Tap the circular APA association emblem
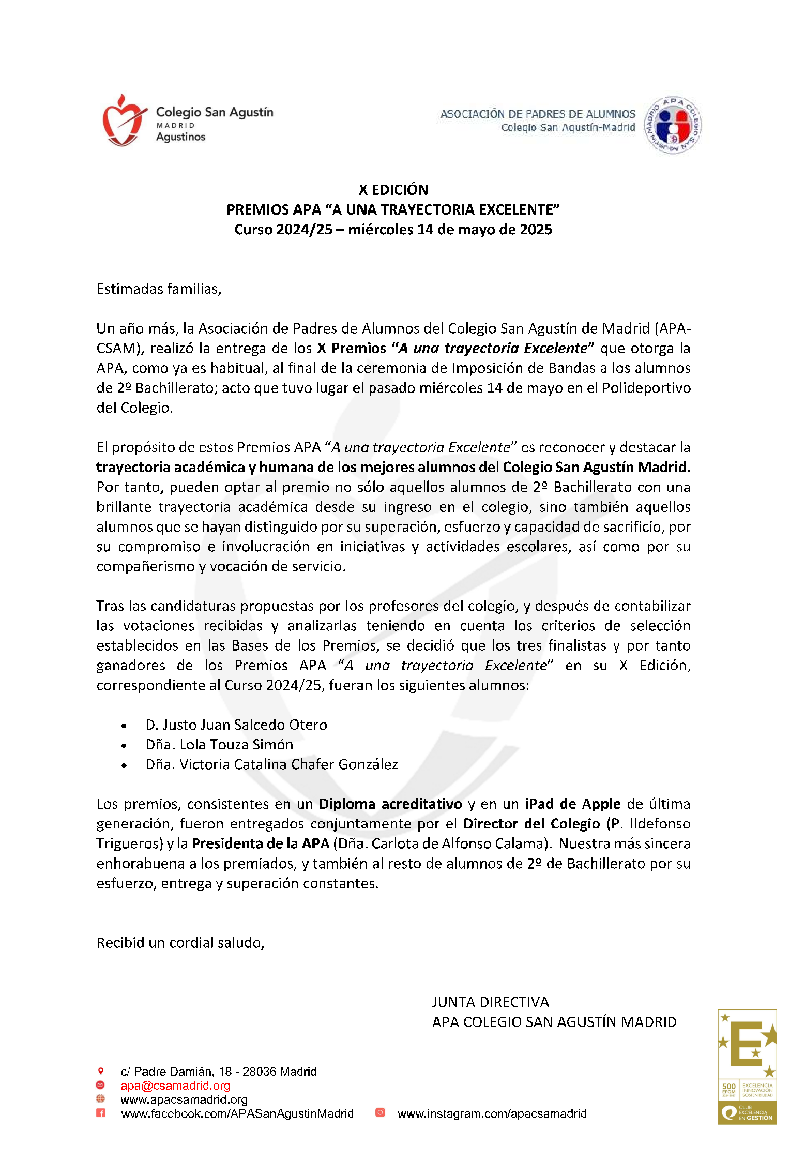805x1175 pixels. click(673, 125)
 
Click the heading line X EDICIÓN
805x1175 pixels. click(393, 190)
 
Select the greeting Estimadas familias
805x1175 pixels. click(159, 289)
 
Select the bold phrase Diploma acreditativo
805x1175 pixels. click(390, 804)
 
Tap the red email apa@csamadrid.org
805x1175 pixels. click(175, 1086)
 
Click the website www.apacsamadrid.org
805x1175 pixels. click(184, 1099)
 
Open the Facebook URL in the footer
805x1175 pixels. click(237, 1113)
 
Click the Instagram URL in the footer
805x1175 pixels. click(492, 1113)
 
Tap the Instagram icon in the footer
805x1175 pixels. click(380, 1112)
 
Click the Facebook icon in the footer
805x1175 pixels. click(101, 1113)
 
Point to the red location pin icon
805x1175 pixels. click(101, 1071)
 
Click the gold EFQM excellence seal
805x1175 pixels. click(747, 1066)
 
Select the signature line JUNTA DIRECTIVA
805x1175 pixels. click(490, 1002)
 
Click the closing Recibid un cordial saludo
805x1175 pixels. click(180, 943)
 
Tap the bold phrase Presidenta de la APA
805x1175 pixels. click(261, 843)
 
